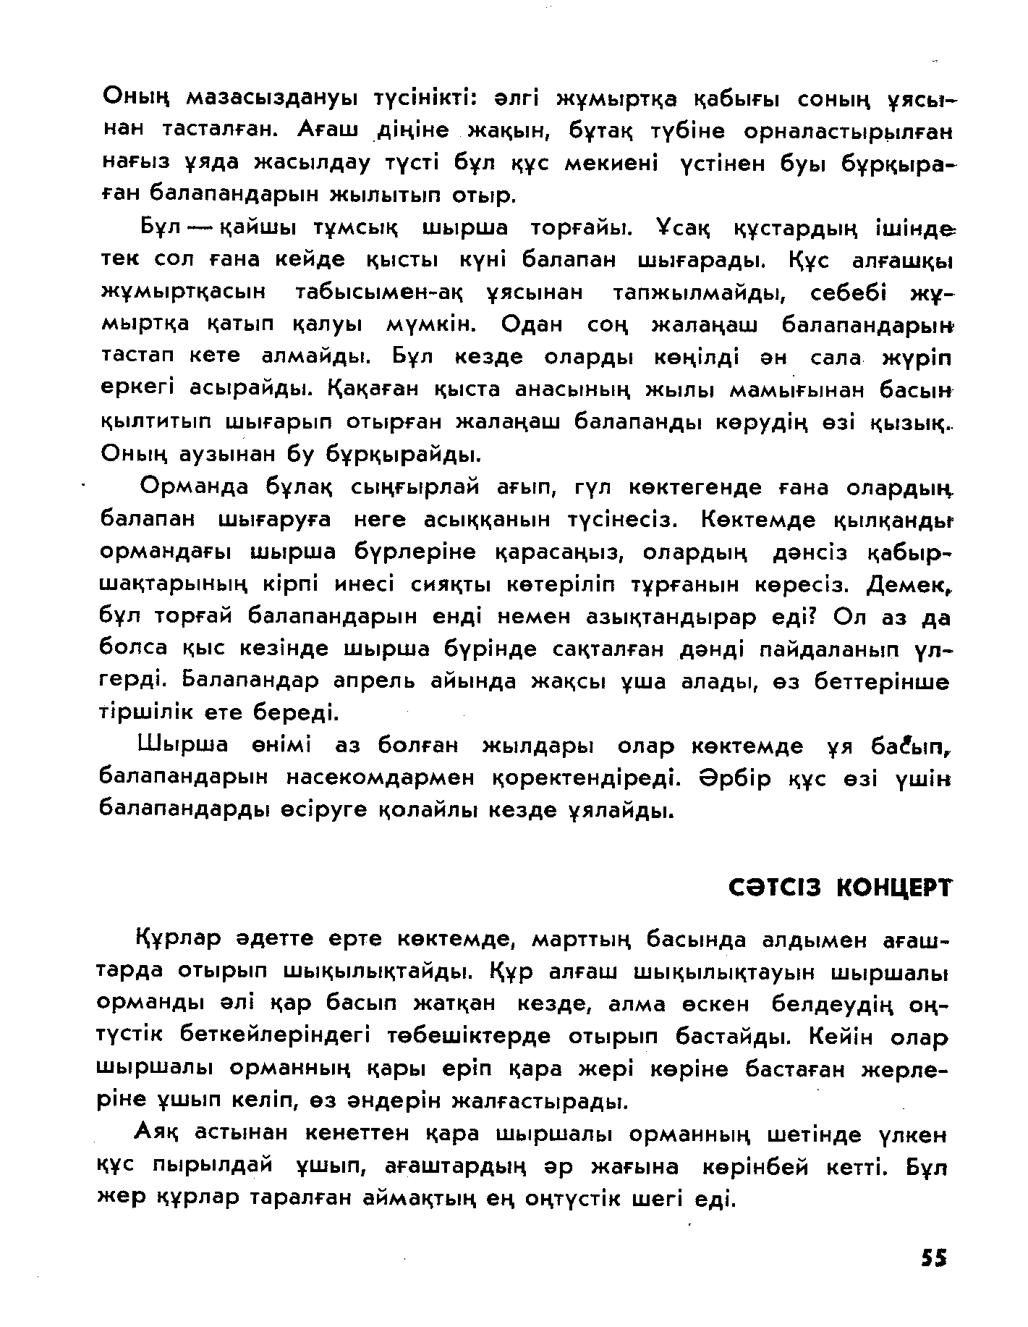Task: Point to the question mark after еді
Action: [810, 617]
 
